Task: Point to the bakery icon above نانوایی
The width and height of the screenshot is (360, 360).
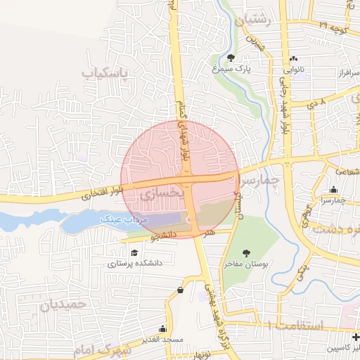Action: click(x=293, y=58)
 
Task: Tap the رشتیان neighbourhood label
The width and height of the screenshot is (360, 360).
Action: click(x=255, y=20)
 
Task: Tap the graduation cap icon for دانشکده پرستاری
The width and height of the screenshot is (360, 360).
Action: click(x=134, y=252)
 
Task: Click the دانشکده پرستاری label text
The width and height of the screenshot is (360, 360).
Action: click(x=135, y=264)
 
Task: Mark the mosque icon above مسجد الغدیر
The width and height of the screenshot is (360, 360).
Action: click(x=164, y=328)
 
